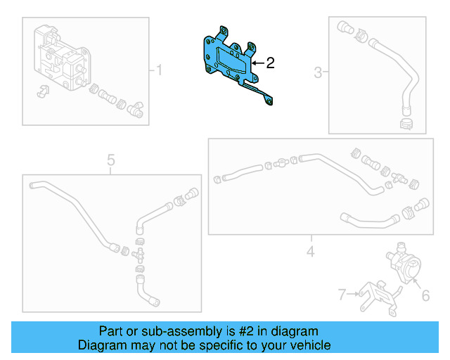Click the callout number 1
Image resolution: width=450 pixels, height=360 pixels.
pos(159,70)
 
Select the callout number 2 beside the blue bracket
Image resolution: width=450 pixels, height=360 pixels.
pos(270,63)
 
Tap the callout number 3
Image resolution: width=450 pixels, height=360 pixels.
pos(318,72)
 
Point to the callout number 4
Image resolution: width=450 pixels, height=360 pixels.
pos(309,251)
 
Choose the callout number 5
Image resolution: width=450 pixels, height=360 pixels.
pos(111,161)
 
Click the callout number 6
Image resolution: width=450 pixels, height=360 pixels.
pos(425,296)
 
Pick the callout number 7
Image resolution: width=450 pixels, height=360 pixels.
pos(342,295)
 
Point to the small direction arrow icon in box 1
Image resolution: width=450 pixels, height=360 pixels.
pos(41,91)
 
